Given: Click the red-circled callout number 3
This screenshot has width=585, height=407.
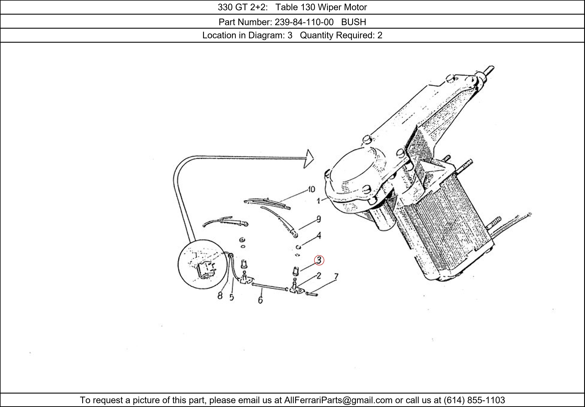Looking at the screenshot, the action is click(x=319, y=260).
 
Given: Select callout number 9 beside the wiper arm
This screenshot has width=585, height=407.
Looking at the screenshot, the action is click(x=319, y=219).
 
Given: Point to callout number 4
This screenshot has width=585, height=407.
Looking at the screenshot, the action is click(x=319, y=235).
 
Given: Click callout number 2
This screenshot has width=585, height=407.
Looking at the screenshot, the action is click(x=319, y=276).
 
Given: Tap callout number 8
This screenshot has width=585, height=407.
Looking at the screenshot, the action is click(x=220, y=296).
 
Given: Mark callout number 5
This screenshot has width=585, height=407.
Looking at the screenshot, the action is click(x=231, y=297).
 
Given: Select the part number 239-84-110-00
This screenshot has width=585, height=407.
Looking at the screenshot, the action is click(x=304, y=22).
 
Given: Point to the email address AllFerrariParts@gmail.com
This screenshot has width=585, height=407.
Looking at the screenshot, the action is click(x=338, y=400).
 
